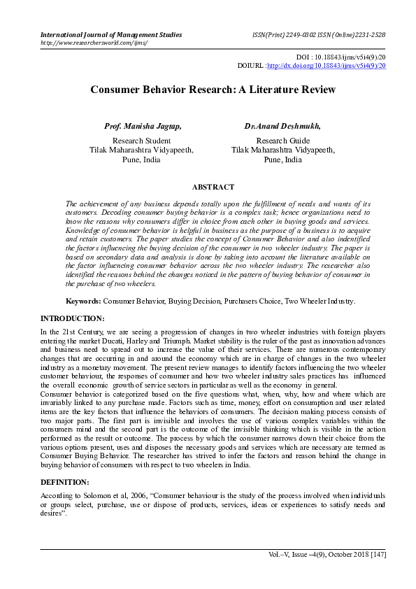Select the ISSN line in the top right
tap(319, 34)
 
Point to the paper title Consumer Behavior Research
tap(213, 90)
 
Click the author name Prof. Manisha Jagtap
tap(143, 127)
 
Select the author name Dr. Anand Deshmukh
tap(282, 127)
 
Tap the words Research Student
tap(141, 141)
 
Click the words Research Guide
tap(282, 141)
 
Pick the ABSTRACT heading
tap(213, 187)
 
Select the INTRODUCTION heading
tap(72, 318)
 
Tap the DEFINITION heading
tap(64, 483)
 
